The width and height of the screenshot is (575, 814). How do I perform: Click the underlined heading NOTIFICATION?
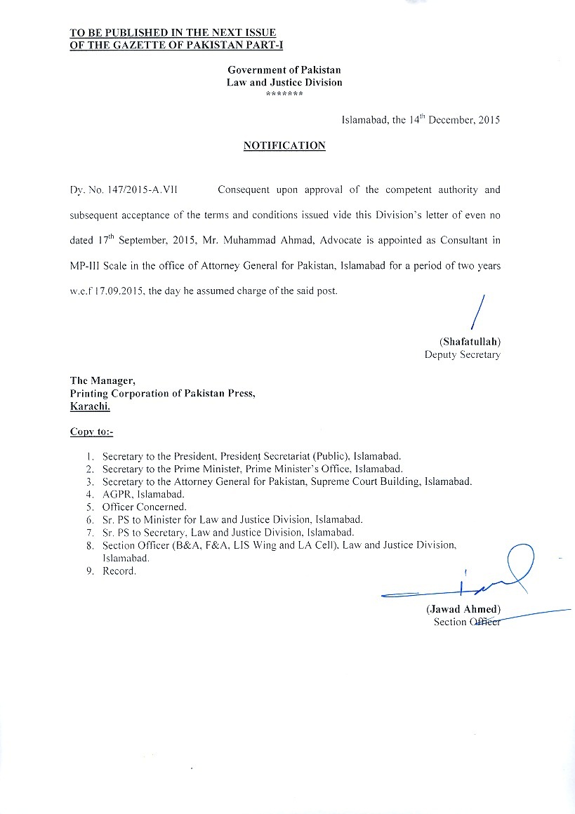[284, 146]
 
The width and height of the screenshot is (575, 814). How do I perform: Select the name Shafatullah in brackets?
[470, 342]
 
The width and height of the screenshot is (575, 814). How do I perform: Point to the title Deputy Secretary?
[462, 355]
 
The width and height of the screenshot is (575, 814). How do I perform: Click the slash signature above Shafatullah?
[478, 312]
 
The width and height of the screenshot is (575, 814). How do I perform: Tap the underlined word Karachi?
[89, 406]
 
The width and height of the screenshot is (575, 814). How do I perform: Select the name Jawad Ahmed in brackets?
[463, 609]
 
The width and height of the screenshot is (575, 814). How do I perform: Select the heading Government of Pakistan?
[284, 70]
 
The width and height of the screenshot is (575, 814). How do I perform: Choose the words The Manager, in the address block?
[102, 380]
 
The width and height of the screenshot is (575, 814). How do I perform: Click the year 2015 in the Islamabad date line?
[489, 120]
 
